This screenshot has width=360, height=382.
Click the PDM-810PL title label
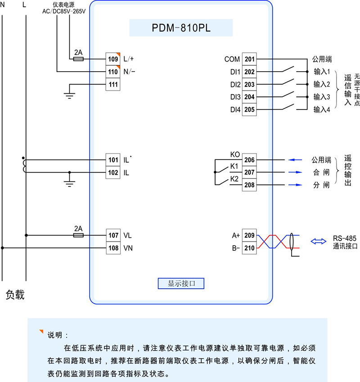click(x=181, y=28)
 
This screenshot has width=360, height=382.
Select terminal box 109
click(x=112, y=59)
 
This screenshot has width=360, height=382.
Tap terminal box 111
click(x=112, y=84)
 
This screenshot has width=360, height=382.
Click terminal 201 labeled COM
click(x=249, y=59)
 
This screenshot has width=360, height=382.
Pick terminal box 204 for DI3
click(x=249, y=97)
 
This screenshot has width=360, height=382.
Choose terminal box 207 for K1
click(x=249, y=173)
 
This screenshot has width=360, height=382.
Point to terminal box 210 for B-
click(x=249, y=248)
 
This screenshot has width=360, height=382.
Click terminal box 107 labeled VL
click(x=112, y=235)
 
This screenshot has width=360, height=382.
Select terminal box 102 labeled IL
click(x=112, y=173)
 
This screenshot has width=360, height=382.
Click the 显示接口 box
click(x=181, y=283)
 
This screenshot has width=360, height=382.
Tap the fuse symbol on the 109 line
click(x=79, y=59)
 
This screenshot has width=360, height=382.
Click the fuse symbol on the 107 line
click(x=79, y=235)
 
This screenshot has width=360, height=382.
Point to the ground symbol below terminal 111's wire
click(x=69, y=93)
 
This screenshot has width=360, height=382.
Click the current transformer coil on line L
click(x=24, y=166)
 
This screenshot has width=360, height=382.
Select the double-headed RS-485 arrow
click(x=319, y=241)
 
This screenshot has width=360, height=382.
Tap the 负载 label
click(x=15, y=295)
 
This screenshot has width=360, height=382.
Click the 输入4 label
click(x=322, y=109)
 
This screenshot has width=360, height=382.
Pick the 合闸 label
click(x=322, y=173)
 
